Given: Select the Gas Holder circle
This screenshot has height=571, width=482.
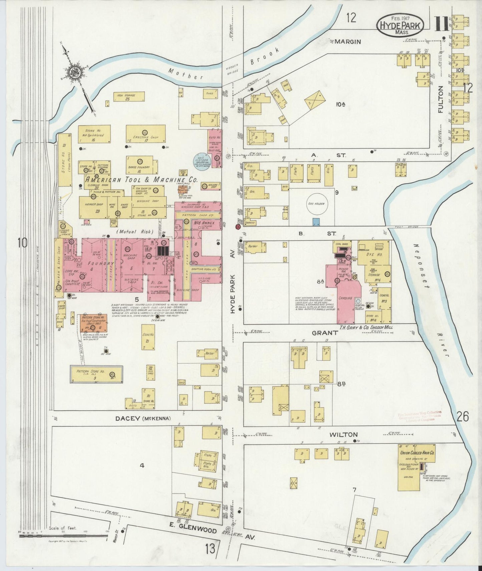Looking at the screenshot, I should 316,204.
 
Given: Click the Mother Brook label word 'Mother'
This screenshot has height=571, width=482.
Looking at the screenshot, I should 186,74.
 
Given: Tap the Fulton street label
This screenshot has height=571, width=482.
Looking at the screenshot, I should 441,100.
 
